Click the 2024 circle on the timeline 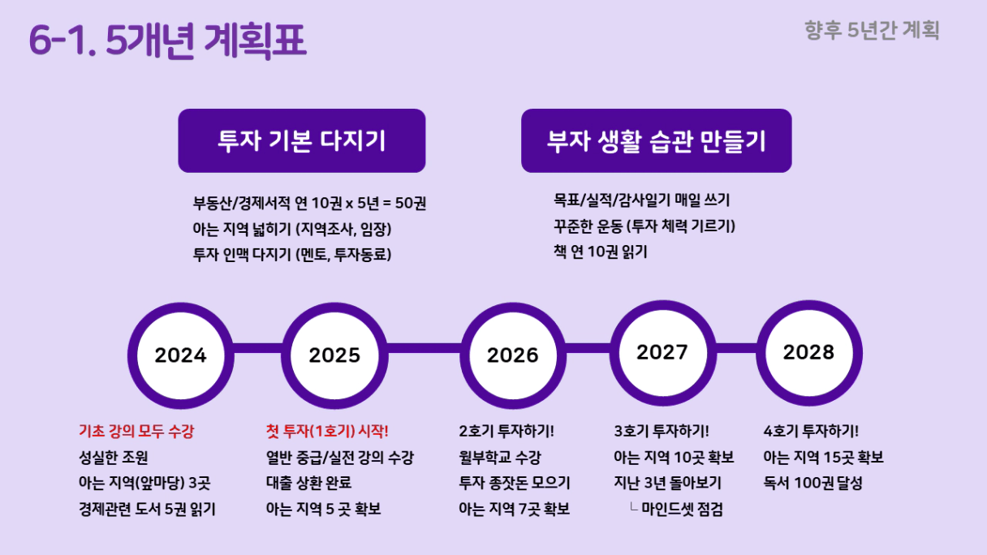pos(181,355)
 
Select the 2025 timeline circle pos(334,355)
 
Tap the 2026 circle pos(513,355)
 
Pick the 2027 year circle pos(662,353)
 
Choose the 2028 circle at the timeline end pos(809,353)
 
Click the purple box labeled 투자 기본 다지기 pos(302,140)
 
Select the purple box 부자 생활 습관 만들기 pos(657,140)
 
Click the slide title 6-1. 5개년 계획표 pos(167,41)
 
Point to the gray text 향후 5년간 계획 pos(872,31)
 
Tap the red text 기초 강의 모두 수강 pos(136,431)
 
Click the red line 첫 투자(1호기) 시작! pos(327,431)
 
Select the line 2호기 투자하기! pos(506,431)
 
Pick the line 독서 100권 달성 pos(813,484)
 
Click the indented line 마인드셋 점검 pos(682,510)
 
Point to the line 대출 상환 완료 pos(308,484)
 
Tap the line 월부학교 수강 pos(500,457)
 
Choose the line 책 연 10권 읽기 pos(600,252)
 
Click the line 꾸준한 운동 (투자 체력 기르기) pos(644,226)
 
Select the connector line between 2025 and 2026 pos(424,348)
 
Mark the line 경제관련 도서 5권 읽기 pos(147,510)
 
